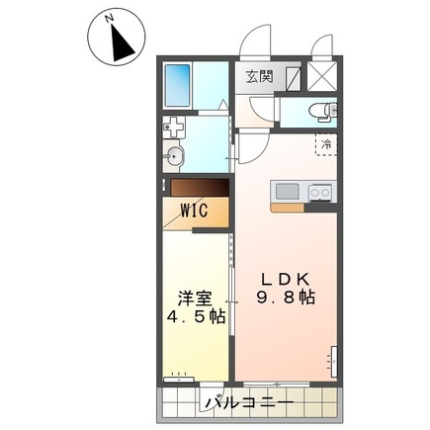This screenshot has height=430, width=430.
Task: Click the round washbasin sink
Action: pos(177,155)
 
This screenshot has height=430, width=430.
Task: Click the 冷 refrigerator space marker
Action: pos(327,144)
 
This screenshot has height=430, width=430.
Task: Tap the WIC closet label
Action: pos(193,210)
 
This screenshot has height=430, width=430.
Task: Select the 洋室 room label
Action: pos(194,299)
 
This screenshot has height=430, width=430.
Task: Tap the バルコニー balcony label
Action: pos(249,403)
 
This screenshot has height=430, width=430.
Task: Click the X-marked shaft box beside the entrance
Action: pos(321,75)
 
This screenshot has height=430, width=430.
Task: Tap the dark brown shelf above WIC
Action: pos(197,188)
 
